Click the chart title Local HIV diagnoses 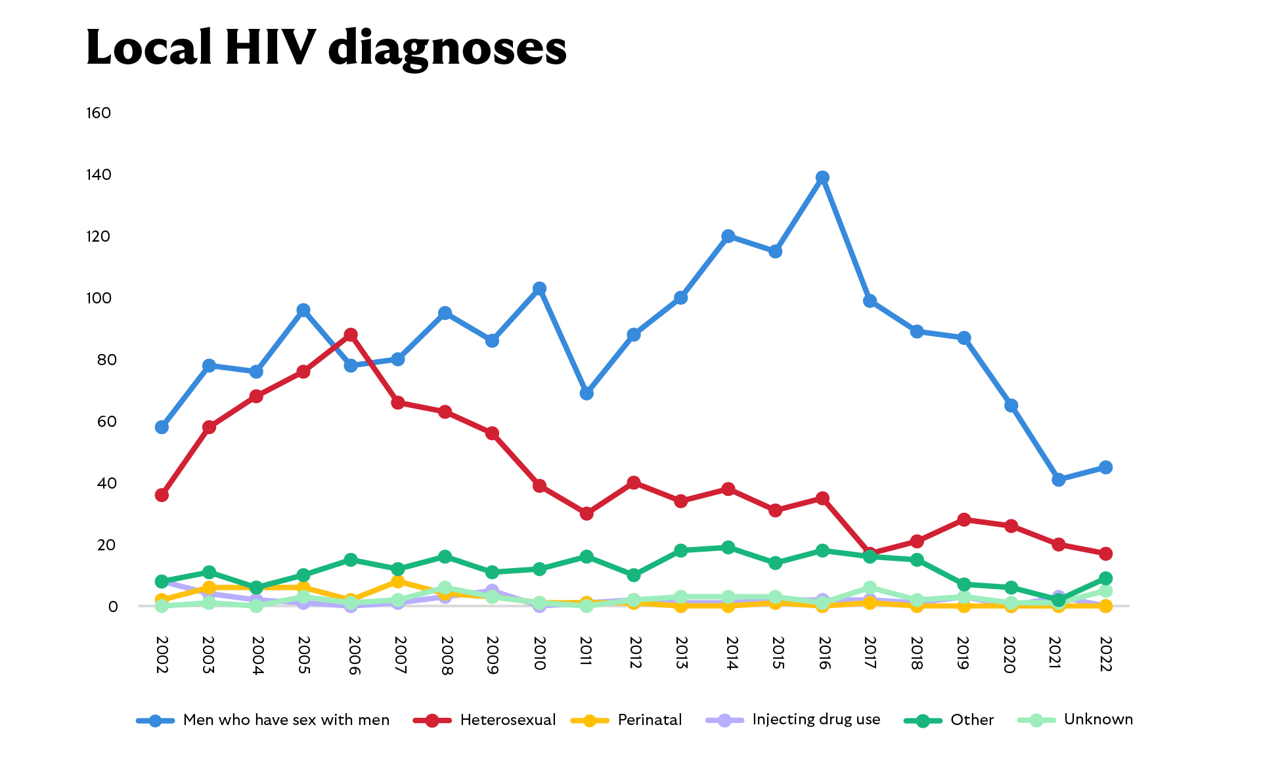click(326, 48)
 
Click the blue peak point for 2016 click(822, 178)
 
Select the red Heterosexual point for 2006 click(351, 335)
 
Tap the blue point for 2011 click(586, 393)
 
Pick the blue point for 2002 click(162, 428)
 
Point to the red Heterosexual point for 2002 click(162, 495)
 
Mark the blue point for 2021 click(1058, 480)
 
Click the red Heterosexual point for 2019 click(964, 520)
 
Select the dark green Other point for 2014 click(728, 548)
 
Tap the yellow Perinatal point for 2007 click(398, 582)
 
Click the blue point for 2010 click(539, 289)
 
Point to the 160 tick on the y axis click(99, 113)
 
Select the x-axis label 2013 click(681, 653)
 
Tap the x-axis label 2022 click(1105, 654)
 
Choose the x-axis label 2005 click(303, 655)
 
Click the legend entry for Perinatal click(649, 720)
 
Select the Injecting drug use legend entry click(816, 720)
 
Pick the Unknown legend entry click(1098, 720)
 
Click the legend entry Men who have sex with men click(286, 720)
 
